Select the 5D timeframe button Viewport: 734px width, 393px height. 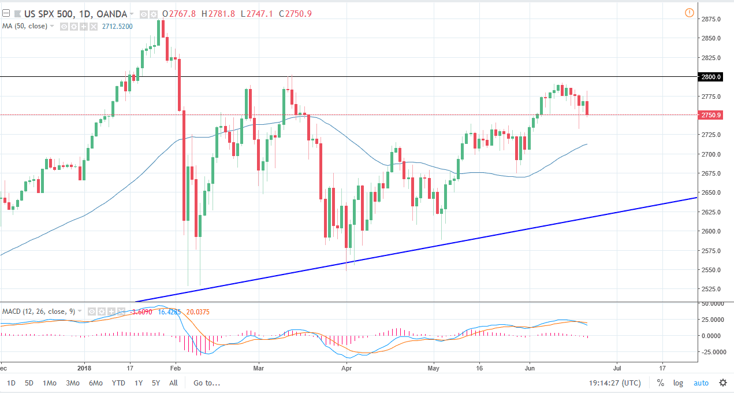coord(29,383)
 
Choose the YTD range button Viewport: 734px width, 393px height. coord(118,383)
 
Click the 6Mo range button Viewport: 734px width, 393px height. coord(95,383)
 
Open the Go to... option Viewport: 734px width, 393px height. coord(207,383)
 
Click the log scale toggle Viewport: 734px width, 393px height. coord(678,383)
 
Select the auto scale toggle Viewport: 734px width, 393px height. coord(701,383)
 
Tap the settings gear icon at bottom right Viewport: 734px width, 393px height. coord(722,383)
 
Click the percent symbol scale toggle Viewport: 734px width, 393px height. coord(660,383)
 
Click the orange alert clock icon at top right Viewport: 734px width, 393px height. coord(689,13)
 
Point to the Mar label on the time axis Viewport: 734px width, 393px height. coord(259,367)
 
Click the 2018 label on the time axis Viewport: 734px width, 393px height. coord(84,367)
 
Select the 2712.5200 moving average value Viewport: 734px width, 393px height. coord(118,26)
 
